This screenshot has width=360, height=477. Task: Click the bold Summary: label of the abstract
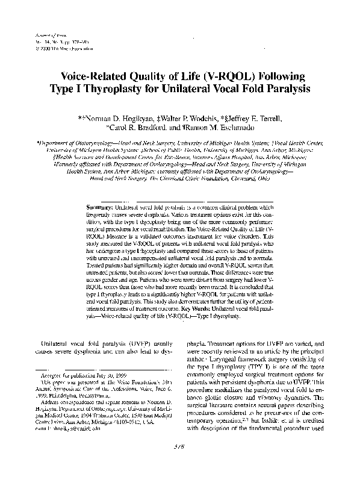[101, 206]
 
